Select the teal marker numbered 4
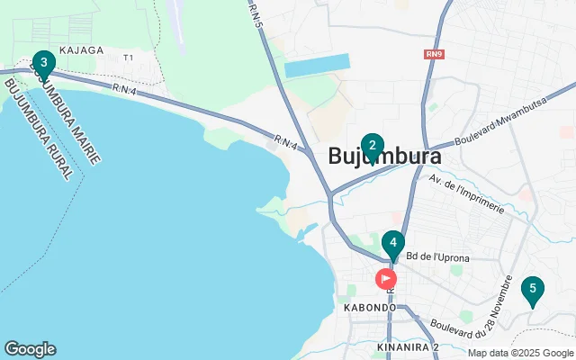pyautogui.click(x=392, y=243)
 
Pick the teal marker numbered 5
pyautogui.click(x=533, y=290)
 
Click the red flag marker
pyautogui.click(x=386, y=278)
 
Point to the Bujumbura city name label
pyautogui.click(x=385, y=157)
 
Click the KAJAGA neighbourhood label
pyautogui.click(x=81, y=50)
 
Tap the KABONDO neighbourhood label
pyautogui.click(x=370, y=307)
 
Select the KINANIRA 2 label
pyautogui.click(x=408, y=346)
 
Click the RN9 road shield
pyautogui.click(x=435, y=54)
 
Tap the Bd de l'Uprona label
pyautogui.click(x=437, y=257)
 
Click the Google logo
pyautogui.click(x=30, y=349)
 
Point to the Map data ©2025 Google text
pyautogui.click(x=520, y=353)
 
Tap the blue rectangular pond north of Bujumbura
pyautogui.click(x=317, y=65)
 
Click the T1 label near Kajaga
pyautogui.click(x=128, y=58)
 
